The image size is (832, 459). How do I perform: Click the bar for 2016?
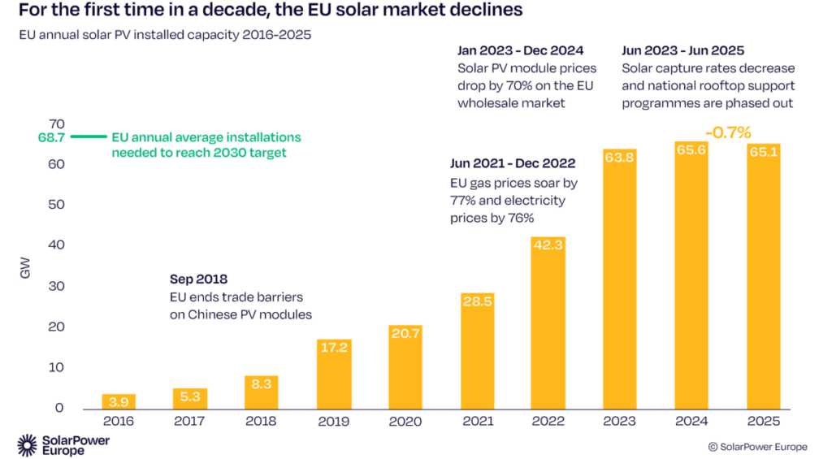tap(119, 401)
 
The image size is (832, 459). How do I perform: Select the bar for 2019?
tap(334, 374)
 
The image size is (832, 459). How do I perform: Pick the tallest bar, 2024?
tap(691, 276)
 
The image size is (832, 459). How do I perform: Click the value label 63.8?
tap(620, 158)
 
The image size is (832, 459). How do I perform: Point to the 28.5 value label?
tap(477, 301)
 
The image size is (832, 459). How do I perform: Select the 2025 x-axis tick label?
tap(763, 422)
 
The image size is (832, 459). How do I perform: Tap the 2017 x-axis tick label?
tap(190, 422)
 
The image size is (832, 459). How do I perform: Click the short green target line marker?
tap(88, 137)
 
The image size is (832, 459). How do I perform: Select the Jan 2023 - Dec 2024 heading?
tap(520, 50)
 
